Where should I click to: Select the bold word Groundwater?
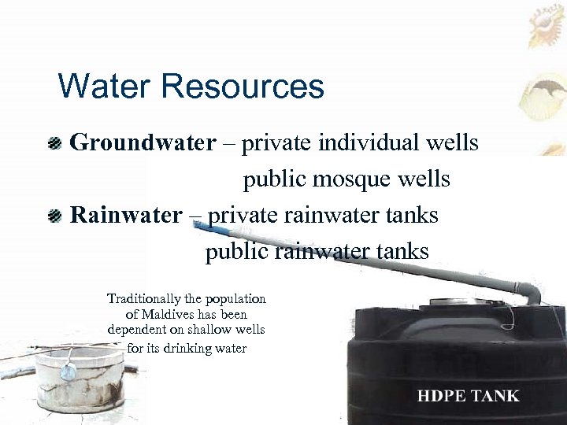(x=143, y=143)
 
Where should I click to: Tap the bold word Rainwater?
(x=126, y=215)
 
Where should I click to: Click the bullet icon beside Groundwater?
(x=54, y=144)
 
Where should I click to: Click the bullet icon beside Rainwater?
(x=54, y=216)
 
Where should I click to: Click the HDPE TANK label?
(x=468, y=396)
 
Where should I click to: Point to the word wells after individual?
(x=451, y=143)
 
